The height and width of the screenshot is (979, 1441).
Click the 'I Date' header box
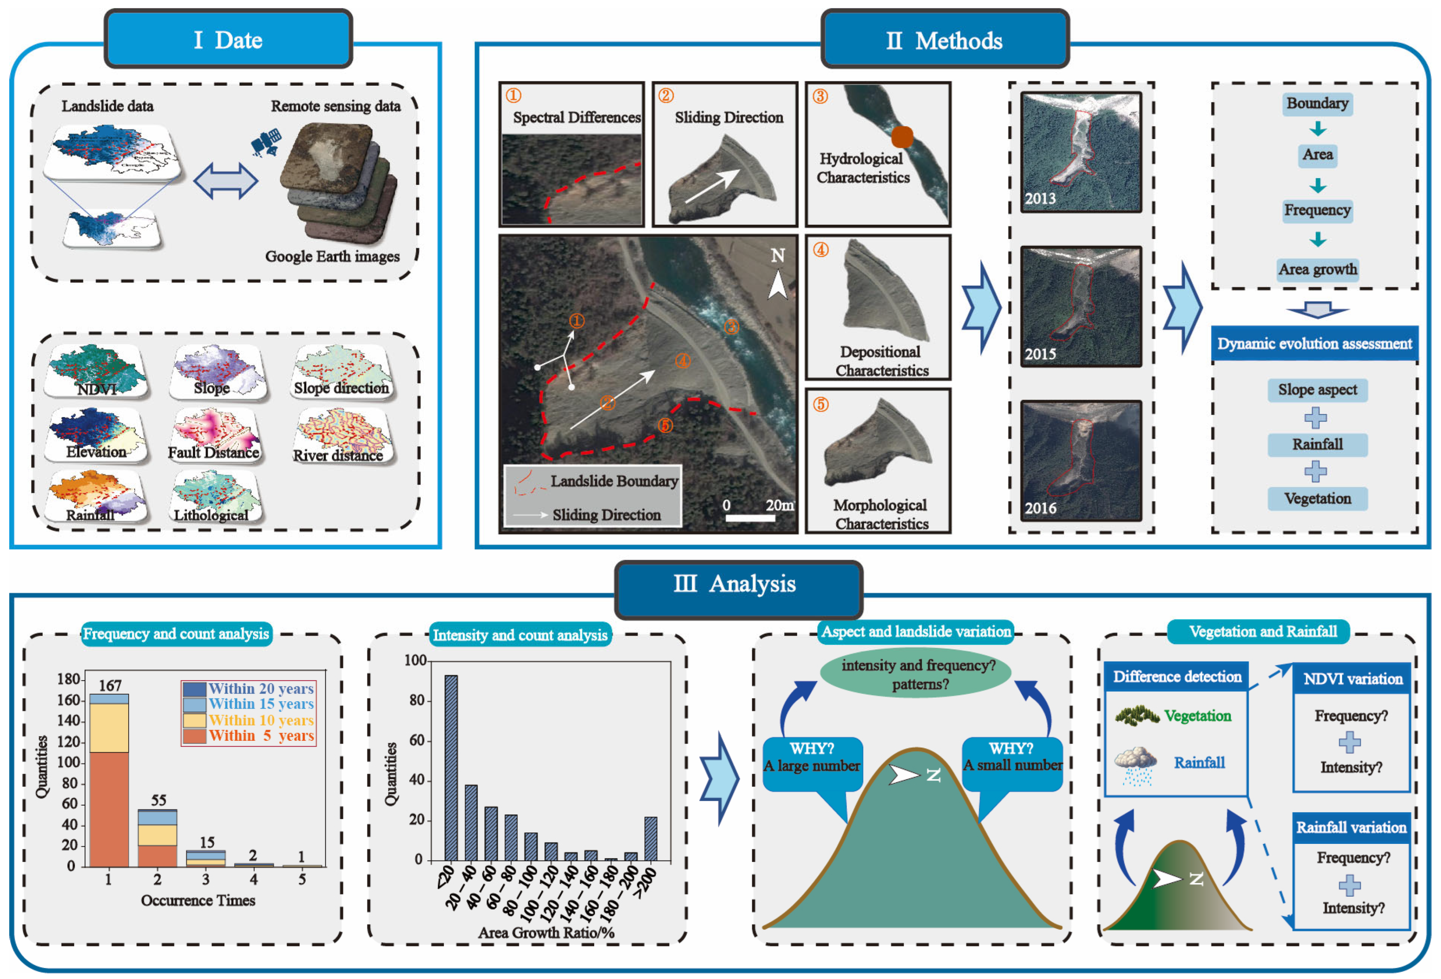(x=228, y=39)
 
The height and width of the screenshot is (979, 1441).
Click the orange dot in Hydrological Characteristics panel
(x=902, y=136)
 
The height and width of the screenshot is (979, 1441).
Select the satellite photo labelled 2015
(x=1081, y=307)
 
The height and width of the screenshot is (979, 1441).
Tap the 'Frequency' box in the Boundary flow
(x=1317, y=210)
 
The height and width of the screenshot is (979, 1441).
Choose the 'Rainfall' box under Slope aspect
(x=1317, y=444)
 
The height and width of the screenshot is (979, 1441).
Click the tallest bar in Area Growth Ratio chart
(x=451, y=768)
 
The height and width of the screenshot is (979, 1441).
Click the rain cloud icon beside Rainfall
(x=1135, y=766)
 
